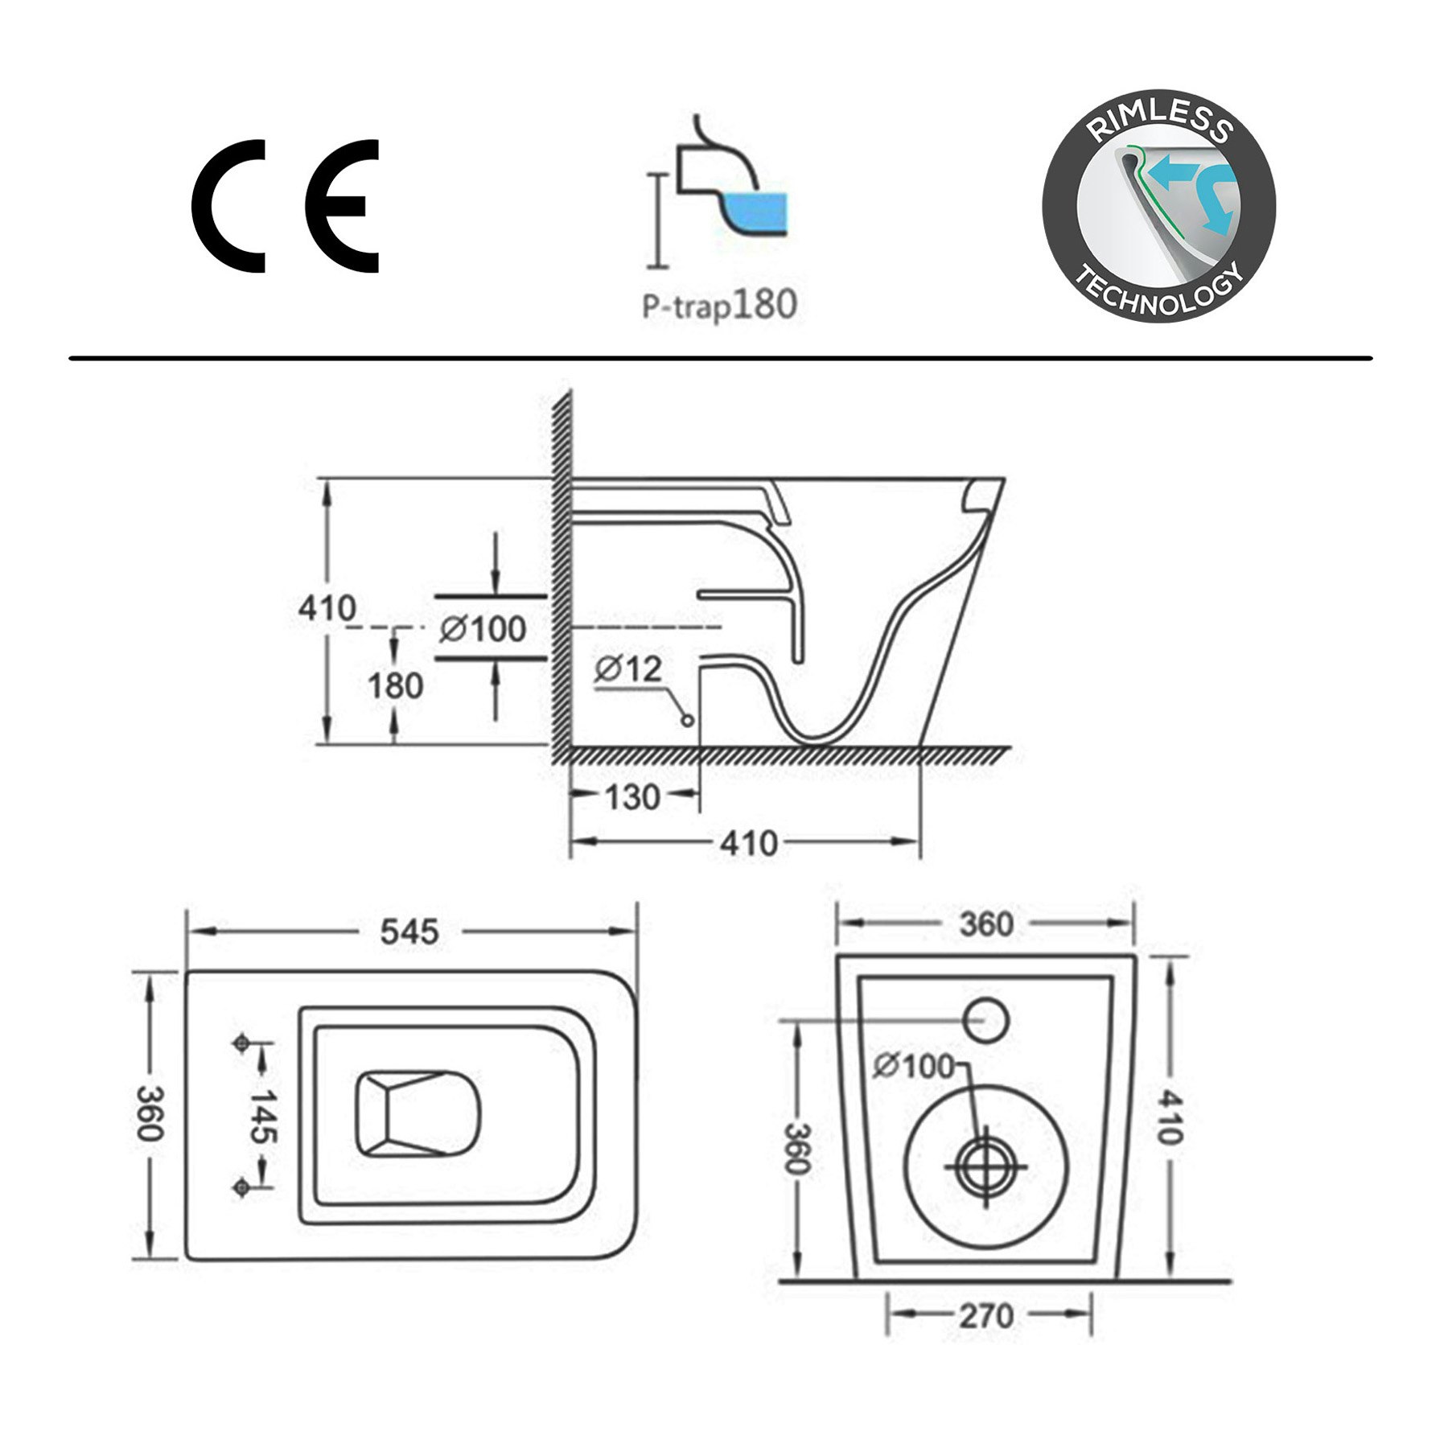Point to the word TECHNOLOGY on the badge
click(1159, 294)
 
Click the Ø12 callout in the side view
click(628, 668)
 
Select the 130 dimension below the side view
click(632, 797)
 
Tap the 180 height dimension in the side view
click(395, 686)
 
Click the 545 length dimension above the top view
click(409, 932)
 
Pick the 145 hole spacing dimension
click(261, 1116)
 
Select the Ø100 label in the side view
click(483, 629)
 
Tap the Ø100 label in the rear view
click(913, 1067)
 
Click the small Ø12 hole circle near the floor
click(687, 720)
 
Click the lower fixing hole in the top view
click(240, 1187)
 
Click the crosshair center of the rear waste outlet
click(985, 1168)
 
